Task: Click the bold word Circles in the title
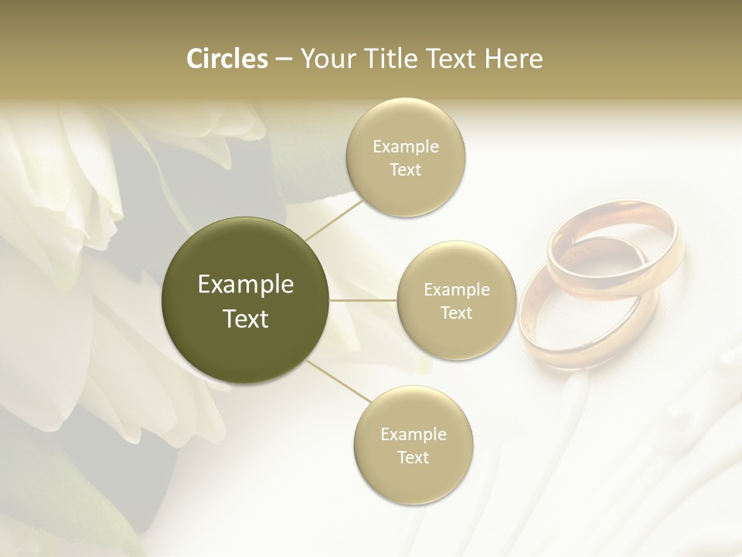pos(227,59)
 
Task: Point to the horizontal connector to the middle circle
pos(363,300)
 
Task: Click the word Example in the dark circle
pos(245,285)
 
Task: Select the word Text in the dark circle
pos(245,319)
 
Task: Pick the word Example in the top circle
pos(405,147)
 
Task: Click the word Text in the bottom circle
pos(413,457)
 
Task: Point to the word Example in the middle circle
pos(456,290)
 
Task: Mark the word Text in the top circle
pos(405,169)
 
